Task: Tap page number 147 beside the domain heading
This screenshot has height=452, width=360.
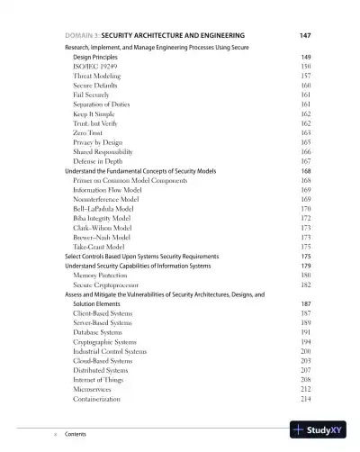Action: coord(304,35)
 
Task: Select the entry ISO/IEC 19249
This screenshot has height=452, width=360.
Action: coord(94,67)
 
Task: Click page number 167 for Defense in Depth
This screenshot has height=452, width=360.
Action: coord(305,161)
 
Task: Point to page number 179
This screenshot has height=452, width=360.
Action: coord(305,266)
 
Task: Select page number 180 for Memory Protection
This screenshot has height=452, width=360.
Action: coord(305,276)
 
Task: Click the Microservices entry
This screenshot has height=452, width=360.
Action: coord(96,389)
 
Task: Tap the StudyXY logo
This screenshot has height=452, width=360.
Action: coord(319,431)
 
